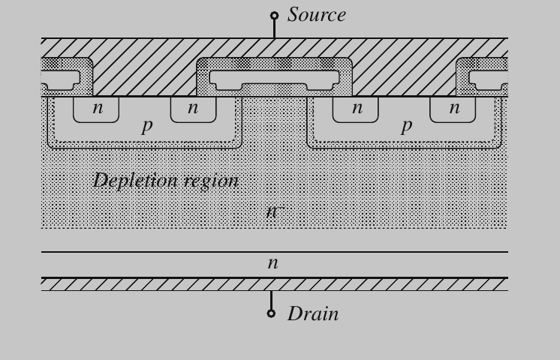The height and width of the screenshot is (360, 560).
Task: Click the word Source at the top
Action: (x=316, y=15)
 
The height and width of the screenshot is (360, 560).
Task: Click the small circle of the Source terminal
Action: (x=274, y=15)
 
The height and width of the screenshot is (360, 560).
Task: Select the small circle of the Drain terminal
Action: (x=272, y=313)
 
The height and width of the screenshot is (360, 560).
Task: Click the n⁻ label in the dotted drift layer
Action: (x=272, y=211)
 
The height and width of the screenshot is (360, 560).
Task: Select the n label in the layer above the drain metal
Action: (x=272, y=263)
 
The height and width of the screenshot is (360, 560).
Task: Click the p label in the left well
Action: (x=146, y=125)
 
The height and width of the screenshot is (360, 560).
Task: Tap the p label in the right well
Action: (x=406, y=125)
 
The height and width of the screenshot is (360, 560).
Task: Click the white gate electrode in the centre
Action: (x=274, y=78)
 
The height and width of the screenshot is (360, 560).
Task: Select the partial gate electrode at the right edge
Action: (x=488, y=78)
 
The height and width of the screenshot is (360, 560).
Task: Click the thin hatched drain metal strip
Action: (x=274, y=284)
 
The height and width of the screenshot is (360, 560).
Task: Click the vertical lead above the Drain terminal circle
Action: (x=272, y=299)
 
